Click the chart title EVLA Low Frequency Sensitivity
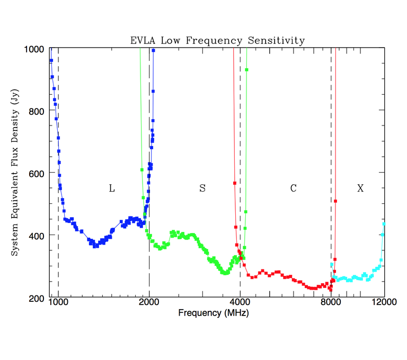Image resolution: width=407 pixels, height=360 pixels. [x=218, y=41]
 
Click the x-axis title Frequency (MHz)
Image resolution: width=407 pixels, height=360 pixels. [x=214, y=312]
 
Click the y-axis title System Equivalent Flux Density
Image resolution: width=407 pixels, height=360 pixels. [x=15, y=173]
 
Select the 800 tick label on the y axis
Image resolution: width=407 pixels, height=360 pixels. [x=37, y=111]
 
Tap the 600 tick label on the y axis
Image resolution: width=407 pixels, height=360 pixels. [x=37, y=173]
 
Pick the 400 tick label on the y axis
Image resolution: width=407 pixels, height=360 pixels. [x=37, y=235]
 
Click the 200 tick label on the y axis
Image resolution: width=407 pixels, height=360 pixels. [x=37, y=298]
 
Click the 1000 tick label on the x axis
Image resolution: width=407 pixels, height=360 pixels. [x=58, y=302]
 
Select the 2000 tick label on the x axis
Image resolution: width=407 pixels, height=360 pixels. [x=149, y=302]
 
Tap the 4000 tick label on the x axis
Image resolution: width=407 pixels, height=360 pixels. [x=240, y=302]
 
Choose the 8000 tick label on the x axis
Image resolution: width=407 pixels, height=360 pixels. [x=331, y=302]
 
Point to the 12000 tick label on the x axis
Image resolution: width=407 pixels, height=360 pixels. [x=384, y=302]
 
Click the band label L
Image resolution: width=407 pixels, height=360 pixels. [x=111, y=188]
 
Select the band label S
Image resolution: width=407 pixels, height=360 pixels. [x=202, y=188]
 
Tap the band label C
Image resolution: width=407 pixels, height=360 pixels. [x=293, y=188]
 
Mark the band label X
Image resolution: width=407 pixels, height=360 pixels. [x=360, y=188]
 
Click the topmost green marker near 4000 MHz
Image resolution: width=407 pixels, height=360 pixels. [x=247, y=70]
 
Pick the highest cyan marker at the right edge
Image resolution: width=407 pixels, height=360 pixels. [x=384, y=224]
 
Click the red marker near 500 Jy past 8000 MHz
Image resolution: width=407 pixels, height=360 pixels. [x=335, y=201]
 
